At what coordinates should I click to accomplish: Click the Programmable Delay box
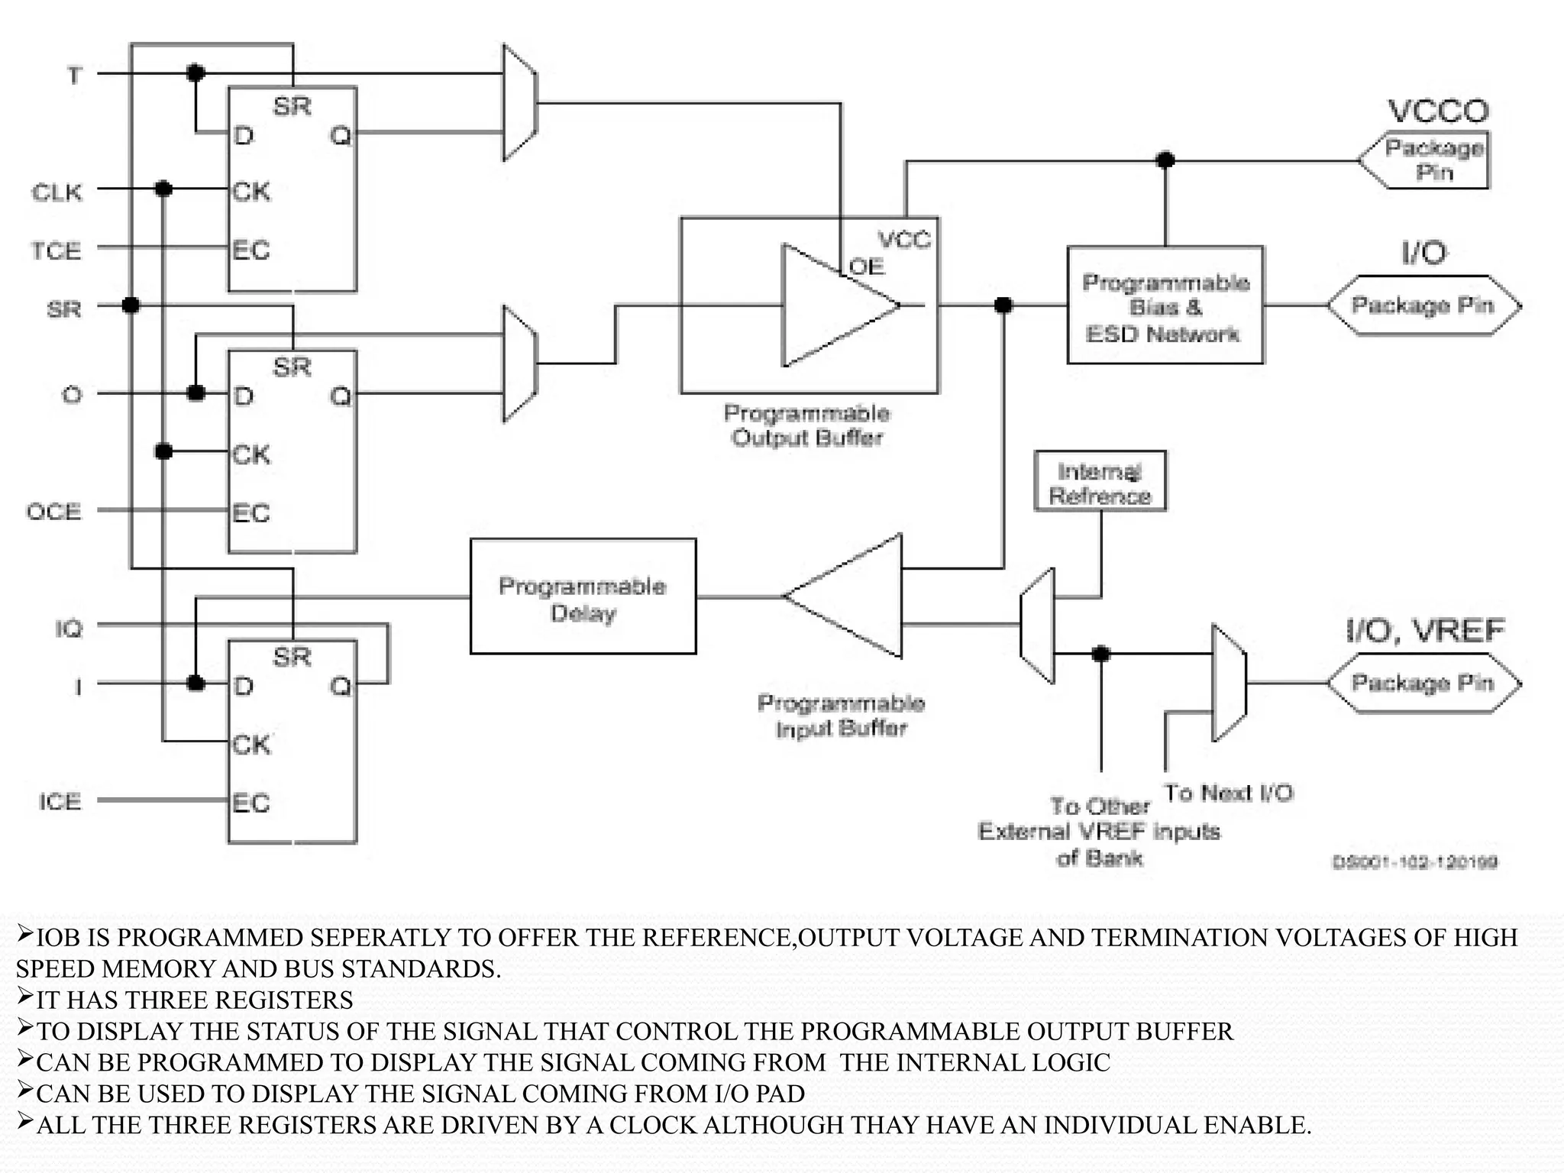click(x=583, y=596)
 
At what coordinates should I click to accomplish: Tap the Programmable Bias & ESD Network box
click(x=1165, y=305)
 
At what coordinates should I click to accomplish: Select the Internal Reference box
click(x=1100, y=482)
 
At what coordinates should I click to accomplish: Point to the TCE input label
click(x=56, y=250)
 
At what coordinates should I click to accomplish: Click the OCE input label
click(x=53, y=511)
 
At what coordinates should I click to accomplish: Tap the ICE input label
click(x=60, y=801)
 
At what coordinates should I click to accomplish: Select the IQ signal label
click(x=68, y=629)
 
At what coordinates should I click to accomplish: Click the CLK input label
click(x=57, y=192)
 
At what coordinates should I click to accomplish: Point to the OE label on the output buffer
click(x=867, y=267)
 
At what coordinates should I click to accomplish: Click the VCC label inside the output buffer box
click(x=904, y=240)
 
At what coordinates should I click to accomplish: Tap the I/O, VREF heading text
click(x=1424, y=631)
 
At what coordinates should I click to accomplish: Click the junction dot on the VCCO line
click(x=1165, y=160)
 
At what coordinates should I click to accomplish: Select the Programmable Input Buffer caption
click(x=841, y=716)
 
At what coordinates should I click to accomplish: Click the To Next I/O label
click(x=1228, y=793)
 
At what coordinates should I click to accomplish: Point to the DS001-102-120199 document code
click(x=1414, y=862)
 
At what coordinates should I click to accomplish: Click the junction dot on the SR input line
click(x=131, y=305)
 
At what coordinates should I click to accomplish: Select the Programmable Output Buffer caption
click(x=807, y=425)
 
